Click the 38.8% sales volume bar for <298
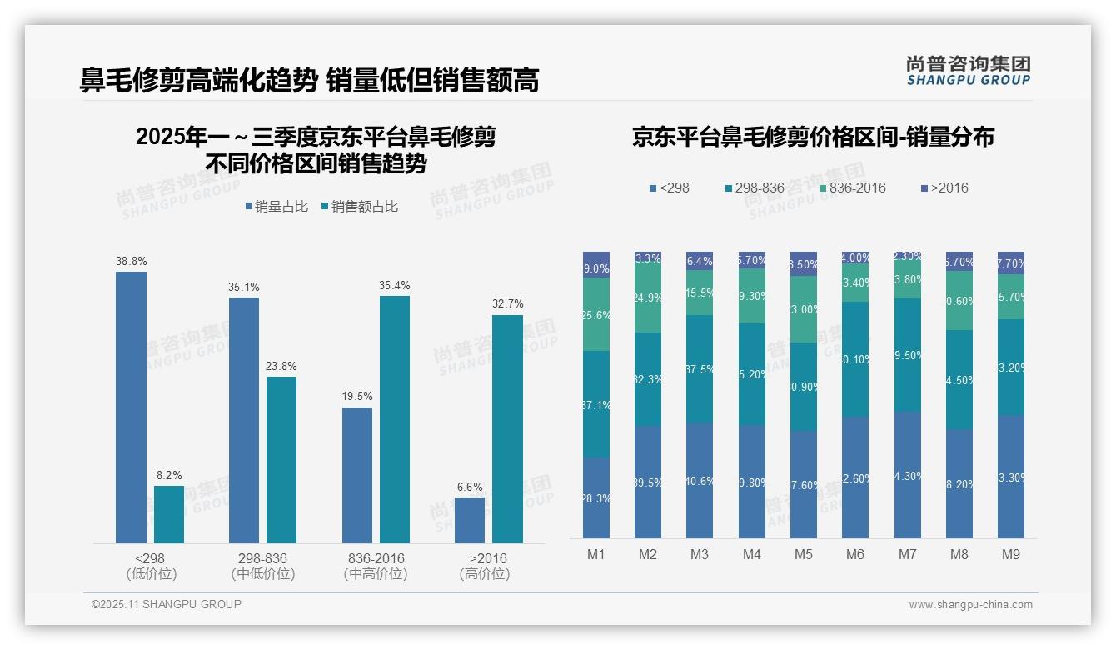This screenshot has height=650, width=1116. click(x=131, y=407)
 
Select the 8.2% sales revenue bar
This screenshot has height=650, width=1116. click(x=169, y=514)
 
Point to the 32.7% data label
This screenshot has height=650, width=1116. click(x=507, y=304)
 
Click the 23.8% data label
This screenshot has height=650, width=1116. click(x=281, y=366)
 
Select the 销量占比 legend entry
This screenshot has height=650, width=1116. click(x=278, y=207)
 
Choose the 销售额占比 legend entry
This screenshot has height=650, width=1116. click(x=359, y=207)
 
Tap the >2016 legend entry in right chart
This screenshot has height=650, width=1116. click(x=944, y=187)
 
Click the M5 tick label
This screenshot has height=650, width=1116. click(x=803, y=554)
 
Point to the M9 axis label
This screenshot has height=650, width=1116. click(x=1010, y=554)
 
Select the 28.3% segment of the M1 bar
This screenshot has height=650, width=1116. click(x=596, y=497)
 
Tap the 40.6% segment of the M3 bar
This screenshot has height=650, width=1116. click(x=700, y=480)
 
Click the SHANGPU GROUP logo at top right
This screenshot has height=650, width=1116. click(x=968, y=71)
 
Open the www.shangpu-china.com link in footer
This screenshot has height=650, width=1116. click(x=970, y=605)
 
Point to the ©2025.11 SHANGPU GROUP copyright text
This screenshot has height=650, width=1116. click(x=167, y=604)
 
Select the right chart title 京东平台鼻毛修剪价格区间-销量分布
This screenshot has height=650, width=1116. click(x=812, y=137)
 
